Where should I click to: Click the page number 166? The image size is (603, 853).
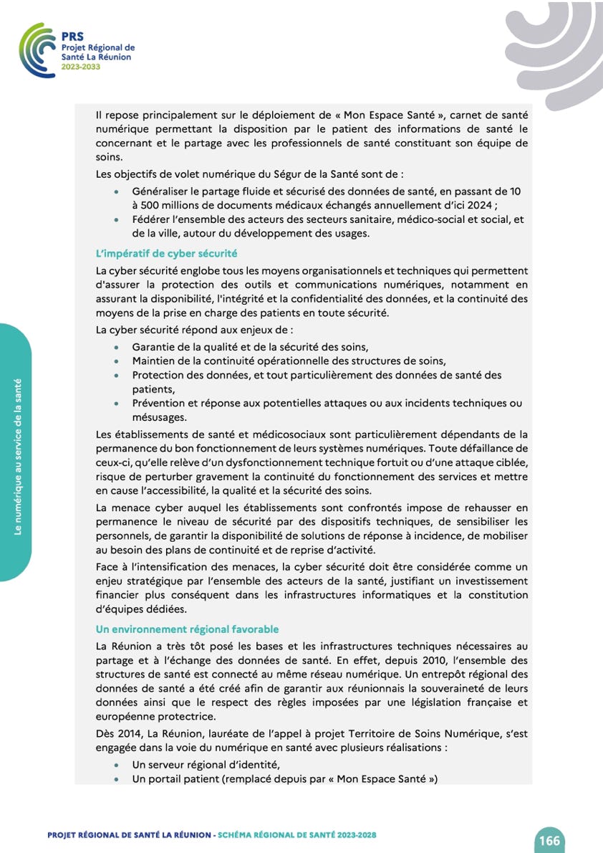[x=549, y=841]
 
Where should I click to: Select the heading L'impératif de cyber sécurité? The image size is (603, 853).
[x=167, y=254]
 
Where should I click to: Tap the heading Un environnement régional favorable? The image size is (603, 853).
[x=187, y=629]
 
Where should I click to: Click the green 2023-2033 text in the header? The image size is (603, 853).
[x=81, y=67]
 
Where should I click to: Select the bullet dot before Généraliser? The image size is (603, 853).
[x=117, y=193]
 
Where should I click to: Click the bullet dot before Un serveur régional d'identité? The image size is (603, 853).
[x=117, y=766]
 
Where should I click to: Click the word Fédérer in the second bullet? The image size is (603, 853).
[x=153, y=219]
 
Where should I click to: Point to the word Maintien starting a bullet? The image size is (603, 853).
[x=153, y=361]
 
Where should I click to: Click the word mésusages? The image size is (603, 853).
[x=159, y=417]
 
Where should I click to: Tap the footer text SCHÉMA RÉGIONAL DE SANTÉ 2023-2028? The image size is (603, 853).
[x=297, y=835]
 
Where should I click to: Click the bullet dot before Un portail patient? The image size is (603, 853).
[x=117, y=780]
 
